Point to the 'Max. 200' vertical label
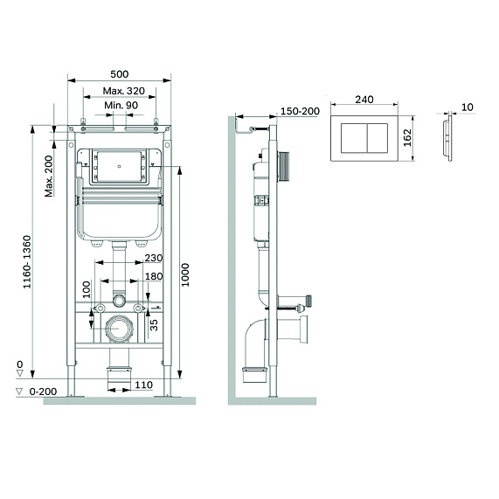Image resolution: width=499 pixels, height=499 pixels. click(x=48, y=173)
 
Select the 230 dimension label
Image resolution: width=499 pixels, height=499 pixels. click(x=154, y=258)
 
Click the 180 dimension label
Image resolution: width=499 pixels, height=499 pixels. click(x=154, y=277)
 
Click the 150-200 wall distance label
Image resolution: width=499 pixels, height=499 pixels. click(x=300, y=111)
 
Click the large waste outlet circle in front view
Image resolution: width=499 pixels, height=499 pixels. click(x=117, y=330)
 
